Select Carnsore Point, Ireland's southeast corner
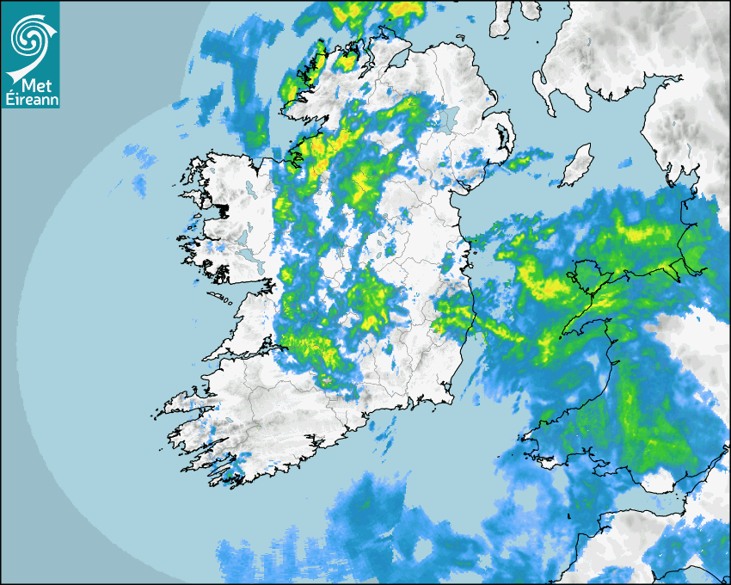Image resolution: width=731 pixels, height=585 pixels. coord(452,400)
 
